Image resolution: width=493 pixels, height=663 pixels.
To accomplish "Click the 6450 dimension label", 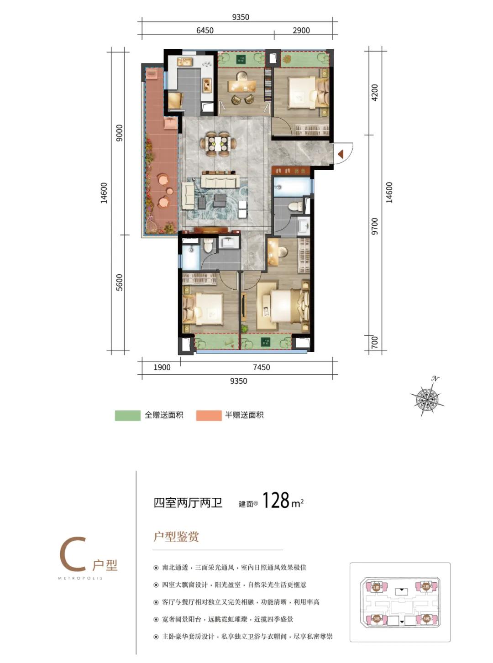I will (205, 31).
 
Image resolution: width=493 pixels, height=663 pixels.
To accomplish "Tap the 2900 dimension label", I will (301, 31).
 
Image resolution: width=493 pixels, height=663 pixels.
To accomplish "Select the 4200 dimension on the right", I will (375, 93).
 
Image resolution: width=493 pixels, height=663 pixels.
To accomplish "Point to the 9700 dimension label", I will (375, 226).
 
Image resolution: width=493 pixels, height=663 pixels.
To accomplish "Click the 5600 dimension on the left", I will (119, 282).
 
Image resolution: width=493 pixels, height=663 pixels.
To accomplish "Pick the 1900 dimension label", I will (162, 367).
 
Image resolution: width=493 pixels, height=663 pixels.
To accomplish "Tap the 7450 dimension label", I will (261, 367).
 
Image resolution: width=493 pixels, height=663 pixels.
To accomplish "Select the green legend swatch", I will (127, 415).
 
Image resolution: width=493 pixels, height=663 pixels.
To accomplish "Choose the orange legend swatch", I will (209, 415).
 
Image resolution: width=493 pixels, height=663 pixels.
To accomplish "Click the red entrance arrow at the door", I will (341, 155).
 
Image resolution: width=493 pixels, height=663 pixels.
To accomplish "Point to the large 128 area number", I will (276, 501).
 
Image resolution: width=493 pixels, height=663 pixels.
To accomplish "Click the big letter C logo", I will (73, 554).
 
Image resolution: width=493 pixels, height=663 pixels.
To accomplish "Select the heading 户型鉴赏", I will (176, 537).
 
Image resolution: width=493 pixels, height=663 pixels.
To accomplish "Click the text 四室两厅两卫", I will (188, 503).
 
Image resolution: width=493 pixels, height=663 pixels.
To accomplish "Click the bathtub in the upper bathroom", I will (292, 187).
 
